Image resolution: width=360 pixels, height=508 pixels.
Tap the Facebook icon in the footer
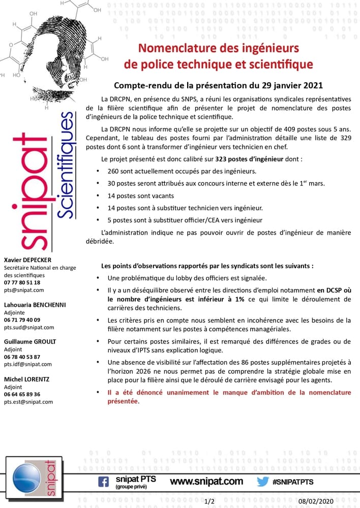point(103,481)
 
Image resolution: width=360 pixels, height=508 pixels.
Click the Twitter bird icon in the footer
point(262,481)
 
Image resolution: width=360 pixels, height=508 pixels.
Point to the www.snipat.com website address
point(206,481)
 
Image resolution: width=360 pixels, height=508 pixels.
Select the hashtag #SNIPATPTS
point(293,481)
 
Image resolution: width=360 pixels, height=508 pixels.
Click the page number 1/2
point(209,501)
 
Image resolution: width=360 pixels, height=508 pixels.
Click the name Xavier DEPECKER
point(27,260)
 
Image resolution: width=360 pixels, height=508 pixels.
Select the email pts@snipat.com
point(24,290)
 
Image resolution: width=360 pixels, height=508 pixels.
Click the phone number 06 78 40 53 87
point(22,357)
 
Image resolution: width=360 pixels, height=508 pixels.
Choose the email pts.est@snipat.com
point(28,401)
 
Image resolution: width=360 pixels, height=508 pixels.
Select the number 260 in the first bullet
point(113,171)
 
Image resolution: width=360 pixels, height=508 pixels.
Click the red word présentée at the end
point(123,401)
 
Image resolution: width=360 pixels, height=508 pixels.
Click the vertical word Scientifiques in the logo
point(65,165)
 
